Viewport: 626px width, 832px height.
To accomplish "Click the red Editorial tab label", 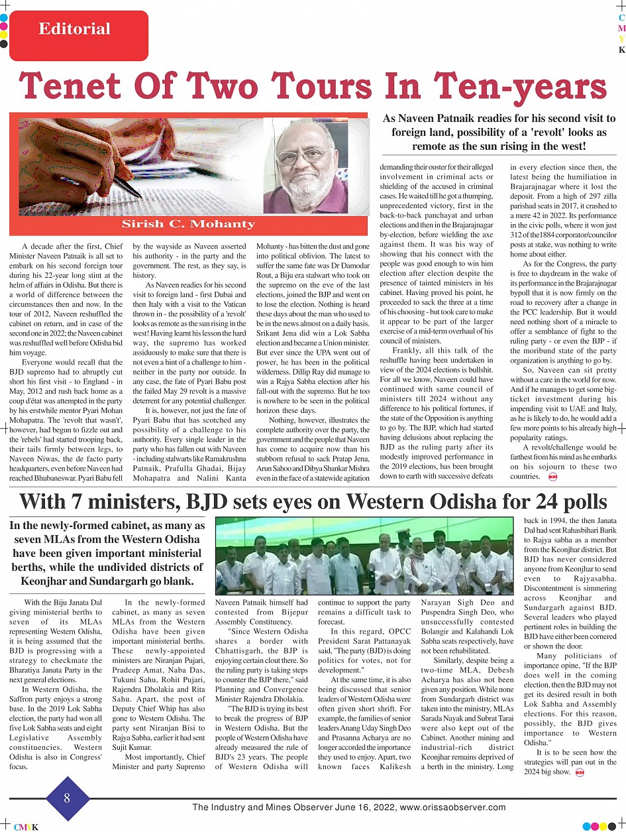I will [x=75, y=29].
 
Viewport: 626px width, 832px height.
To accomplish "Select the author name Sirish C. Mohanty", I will [x=188, y=223].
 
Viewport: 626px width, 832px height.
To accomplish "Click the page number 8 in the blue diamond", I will [x=67, y=798].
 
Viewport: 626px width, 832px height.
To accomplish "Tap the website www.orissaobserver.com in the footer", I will [x=454, y=807].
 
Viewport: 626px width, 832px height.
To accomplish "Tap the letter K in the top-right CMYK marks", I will [x=621, y=50].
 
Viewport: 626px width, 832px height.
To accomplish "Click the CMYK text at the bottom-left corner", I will [x=26, y=827].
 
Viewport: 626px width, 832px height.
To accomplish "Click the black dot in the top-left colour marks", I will [x=4, y=44].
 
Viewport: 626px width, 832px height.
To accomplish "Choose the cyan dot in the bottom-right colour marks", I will [x=586, y=827].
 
